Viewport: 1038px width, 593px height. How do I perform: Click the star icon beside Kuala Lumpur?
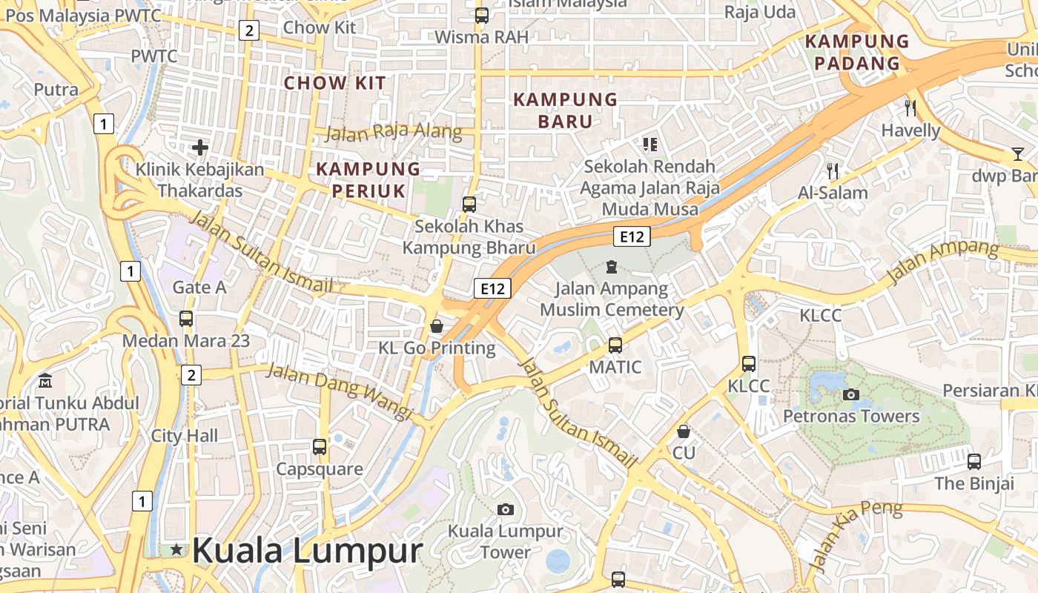(176, 549)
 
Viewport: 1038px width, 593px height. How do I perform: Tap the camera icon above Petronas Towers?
(851, 394)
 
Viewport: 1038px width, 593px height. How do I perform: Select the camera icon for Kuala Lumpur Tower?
(506, 509)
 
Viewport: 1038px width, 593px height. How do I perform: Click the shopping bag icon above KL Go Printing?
(437, 326)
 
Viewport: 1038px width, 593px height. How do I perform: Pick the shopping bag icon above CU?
(684, 431)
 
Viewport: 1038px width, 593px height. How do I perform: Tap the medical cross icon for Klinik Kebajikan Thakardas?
(199, 148)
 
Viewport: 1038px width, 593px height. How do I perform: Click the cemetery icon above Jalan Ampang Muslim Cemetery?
(612, 266)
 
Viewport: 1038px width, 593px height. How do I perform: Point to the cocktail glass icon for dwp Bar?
(1017, 154)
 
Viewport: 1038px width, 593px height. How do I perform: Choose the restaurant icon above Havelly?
(910, 108)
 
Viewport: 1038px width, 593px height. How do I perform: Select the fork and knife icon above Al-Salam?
(833, 171)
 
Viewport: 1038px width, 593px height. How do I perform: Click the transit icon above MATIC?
(615, 345)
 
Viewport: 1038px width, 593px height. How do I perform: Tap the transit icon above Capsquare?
(320, 447)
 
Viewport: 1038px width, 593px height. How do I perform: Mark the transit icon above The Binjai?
(974, 462)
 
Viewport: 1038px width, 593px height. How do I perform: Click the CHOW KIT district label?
(336, 82)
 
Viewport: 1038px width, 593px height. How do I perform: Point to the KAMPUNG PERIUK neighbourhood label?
(368, 179)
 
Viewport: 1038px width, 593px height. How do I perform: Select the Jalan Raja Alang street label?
(394, 133)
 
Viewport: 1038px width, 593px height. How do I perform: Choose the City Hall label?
(185, 435)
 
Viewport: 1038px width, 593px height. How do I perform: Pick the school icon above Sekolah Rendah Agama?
(650, 144)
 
